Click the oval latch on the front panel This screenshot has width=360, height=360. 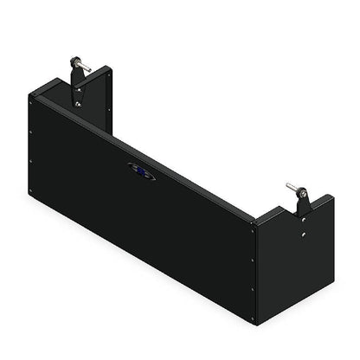[x=142, y=170]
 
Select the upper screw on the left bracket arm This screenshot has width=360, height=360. [x=79, y=86]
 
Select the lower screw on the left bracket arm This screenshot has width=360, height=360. [x=79, y=103]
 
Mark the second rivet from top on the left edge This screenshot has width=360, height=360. [x=32, y=132]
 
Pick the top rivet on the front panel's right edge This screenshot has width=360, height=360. [x=253, y=228]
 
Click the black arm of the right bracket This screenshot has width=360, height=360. [x=302, y=203]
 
